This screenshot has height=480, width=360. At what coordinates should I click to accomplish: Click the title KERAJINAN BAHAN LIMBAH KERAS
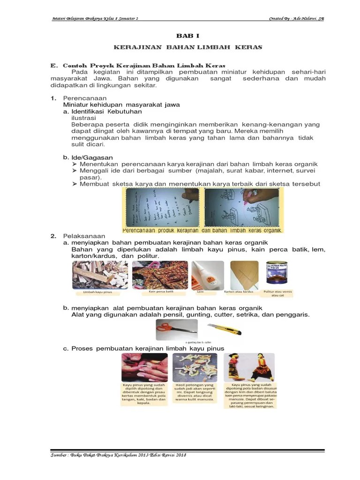click(188, 47)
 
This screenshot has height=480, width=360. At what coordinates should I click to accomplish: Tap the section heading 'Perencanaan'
click(82, 98)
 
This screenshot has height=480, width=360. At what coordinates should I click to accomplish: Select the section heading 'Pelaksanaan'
click(84, 236)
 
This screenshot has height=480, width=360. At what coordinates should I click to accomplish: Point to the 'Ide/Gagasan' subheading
click(92, 157)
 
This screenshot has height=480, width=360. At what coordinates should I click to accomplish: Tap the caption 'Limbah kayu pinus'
click(97, 293)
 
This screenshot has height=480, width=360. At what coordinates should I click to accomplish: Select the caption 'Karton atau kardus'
click(239, 292)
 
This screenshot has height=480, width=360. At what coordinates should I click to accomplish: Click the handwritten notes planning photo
click(161, 207)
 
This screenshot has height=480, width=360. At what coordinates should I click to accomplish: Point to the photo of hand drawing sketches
click(241, 207)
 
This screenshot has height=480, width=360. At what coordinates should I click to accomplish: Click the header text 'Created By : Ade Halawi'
click(296, 19)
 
